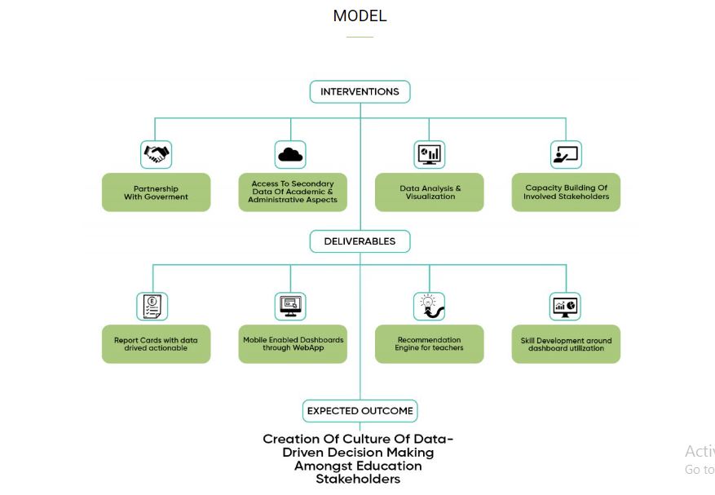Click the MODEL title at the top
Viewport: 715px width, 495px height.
360,15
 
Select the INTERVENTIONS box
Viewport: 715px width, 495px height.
360,92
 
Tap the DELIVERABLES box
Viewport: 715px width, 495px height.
360,241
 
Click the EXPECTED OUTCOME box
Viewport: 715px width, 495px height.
360,411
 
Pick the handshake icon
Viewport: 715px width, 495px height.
156,153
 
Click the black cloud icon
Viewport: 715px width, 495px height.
290,153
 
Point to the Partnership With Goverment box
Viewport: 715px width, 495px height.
156,192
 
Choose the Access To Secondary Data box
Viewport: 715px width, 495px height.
292,192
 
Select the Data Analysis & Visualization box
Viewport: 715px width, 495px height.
430,192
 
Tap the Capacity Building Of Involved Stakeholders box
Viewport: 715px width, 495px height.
566,192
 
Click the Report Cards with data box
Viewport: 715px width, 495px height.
156,344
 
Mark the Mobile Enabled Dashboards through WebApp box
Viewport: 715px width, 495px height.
293,344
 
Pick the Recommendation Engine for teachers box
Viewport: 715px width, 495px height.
430,344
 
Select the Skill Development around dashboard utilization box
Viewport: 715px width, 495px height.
566,344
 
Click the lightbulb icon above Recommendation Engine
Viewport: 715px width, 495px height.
429,306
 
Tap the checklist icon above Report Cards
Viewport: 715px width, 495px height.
152,306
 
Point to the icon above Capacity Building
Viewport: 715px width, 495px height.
565,153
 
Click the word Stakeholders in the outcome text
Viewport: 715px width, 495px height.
358,480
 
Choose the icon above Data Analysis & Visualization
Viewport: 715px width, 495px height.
429,153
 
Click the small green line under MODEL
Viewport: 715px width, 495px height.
360,37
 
